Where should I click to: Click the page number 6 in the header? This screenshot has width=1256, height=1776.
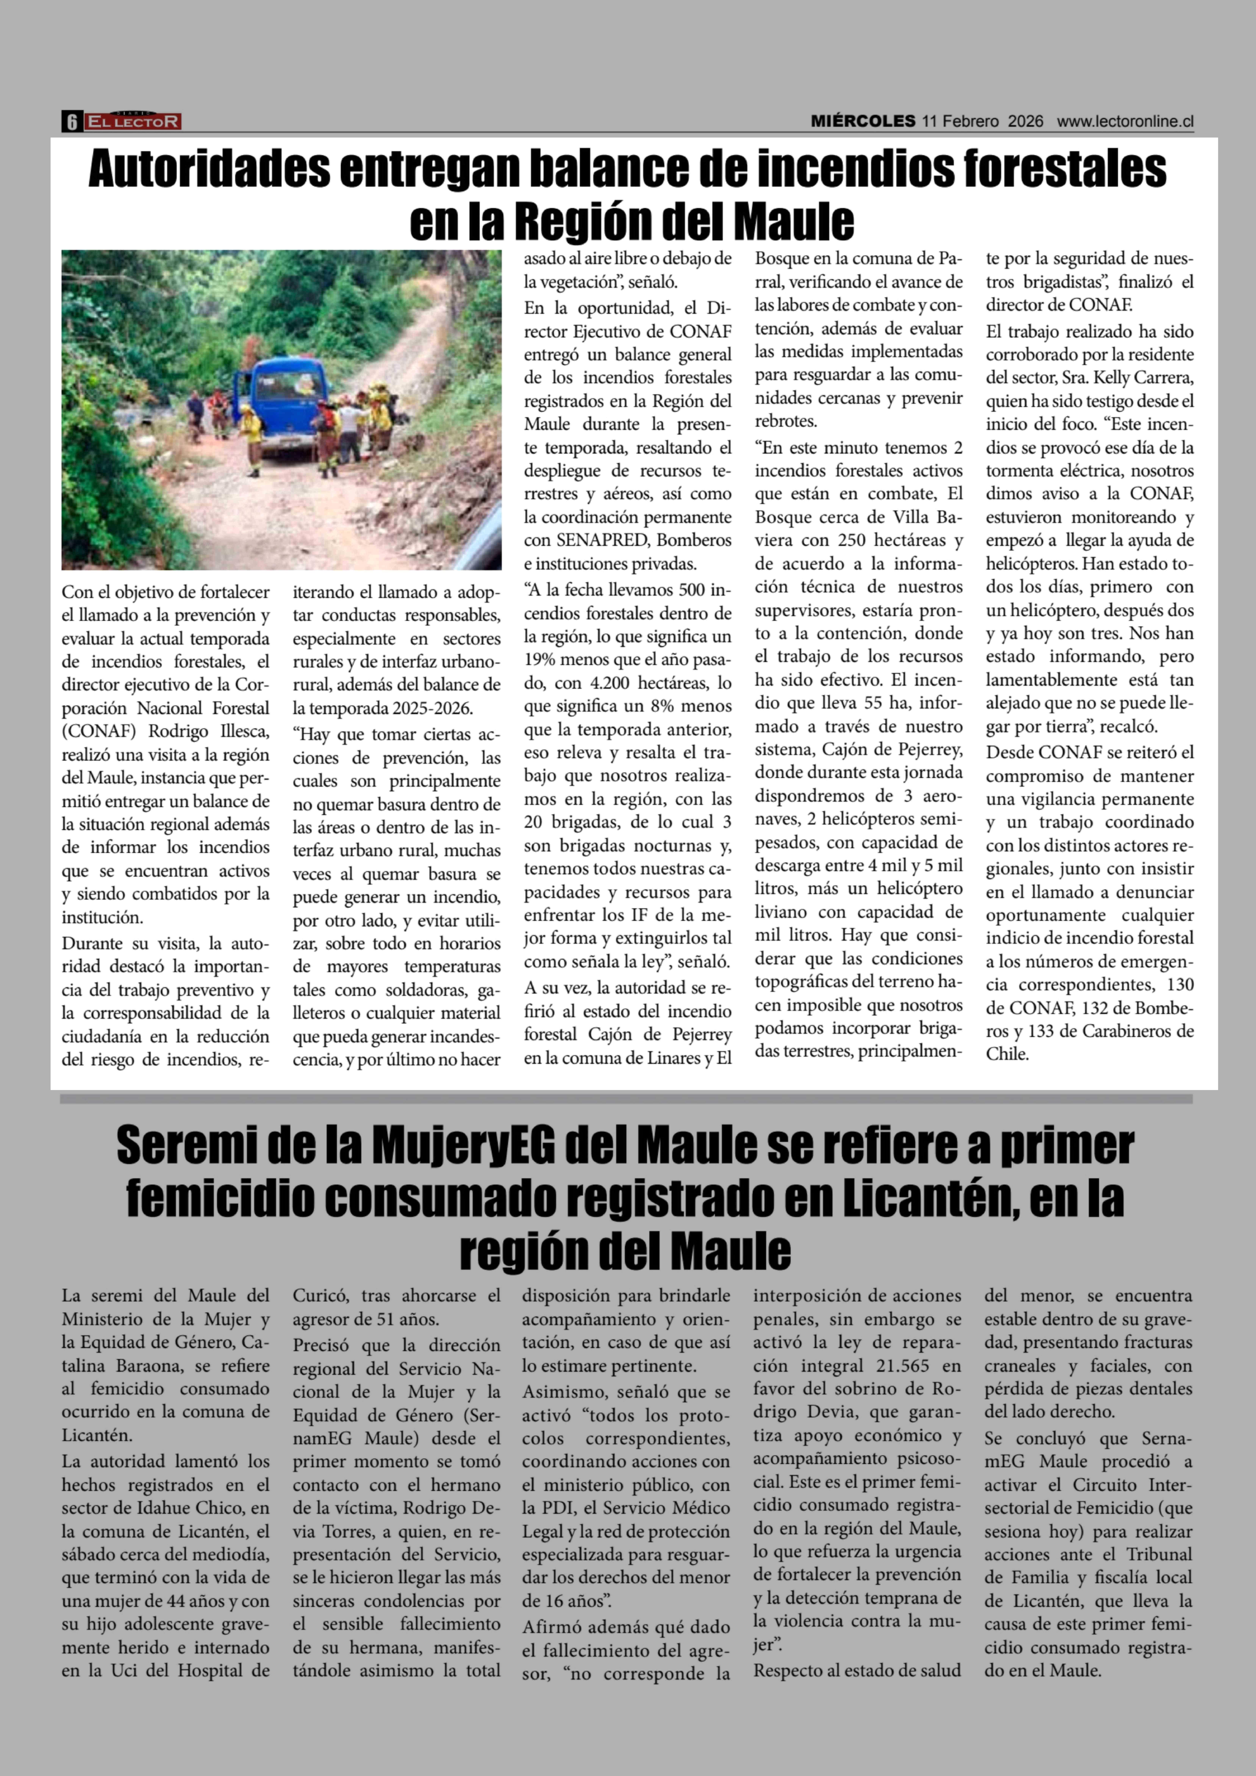pyautogui.click(x=71, y=121)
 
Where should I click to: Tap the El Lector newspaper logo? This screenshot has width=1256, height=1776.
pyautogui.click(x=133, y=121)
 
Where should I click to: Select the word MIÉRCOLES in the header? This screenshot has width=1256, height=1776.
pyautogui.click(x=862, y=121)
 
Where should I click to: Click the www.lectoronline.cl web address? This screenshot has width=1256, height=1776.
pyautogui.click(x=1125, y=121)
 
